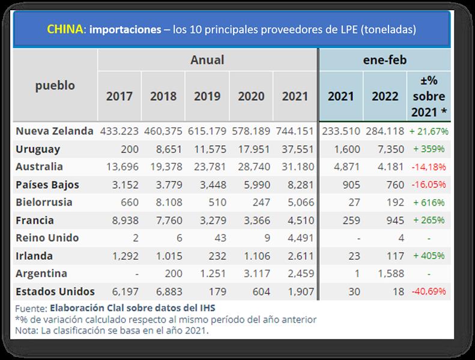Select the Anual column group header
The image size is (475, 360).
tap(207, 59)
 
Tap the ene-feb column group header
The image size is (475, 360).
tap(384, 59)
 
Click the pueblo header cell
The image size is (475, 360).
tap(55, 85)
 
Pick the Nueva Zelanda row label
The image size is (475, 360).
tap(55, 131)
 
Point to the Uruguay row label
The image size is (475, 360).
tap(38, 149)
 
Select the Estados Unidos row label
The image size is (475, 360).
tap(55, 292)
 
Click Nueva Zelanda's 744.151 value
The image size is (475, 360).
tap(295, 131)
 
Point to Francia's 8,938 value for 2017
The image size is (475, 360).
tap(126, 220)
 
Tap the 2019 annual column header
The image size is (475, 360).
tap(207, 96)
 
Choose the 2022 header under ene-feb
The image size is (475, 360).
tap(385, 96)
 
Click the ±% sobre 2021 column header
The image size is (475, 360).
tap(428, 96)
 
